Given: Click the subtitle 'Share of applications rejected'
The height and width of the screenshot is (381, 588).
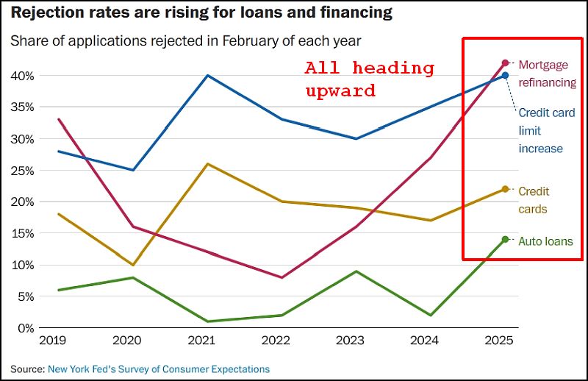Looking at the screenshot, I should point(190,41).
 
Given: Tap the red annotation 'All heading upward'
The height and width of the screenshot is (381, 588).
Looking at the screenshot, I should point(369,79).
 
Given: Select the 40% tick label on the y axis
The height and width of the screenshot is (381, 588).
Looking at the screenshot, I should point(21,76).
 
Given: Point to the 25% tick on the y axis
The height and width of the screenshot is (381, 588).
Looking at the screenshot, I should point(21,170).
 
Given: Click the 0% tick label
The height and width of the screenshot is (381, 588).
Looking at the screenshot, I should point(24,328).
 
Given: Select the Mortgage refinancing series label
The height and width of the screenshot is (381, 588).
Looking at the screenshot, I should point(547,74).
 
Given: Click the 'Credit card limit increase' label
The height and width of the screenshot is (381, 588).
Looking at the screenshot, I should point(546,130).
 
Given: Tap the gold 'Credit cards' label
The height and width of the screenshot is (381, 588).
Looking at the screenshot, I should point(533,200).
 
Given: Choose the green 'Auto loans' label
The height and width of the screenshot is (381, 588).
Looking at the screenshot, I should point(545,241).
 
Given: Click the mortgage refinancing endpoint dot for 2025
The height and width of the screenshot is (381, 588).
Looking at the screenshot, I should point(505,63).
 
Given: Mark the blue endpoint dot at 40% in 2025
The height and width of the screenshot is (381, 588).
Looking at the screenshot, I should point(505,75).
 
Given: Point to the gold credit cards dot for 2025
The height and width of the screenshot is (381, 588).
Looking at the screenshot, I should point(505,189).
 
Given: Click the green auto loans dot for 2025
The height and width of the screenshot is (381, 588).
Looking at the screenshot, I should point(505,239).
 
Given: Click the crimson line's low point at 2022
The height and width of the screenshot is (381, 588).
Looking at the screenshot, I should point(281,277).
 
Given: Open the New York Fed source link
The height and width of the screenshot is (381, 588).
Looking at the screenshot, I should point(159,368).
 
